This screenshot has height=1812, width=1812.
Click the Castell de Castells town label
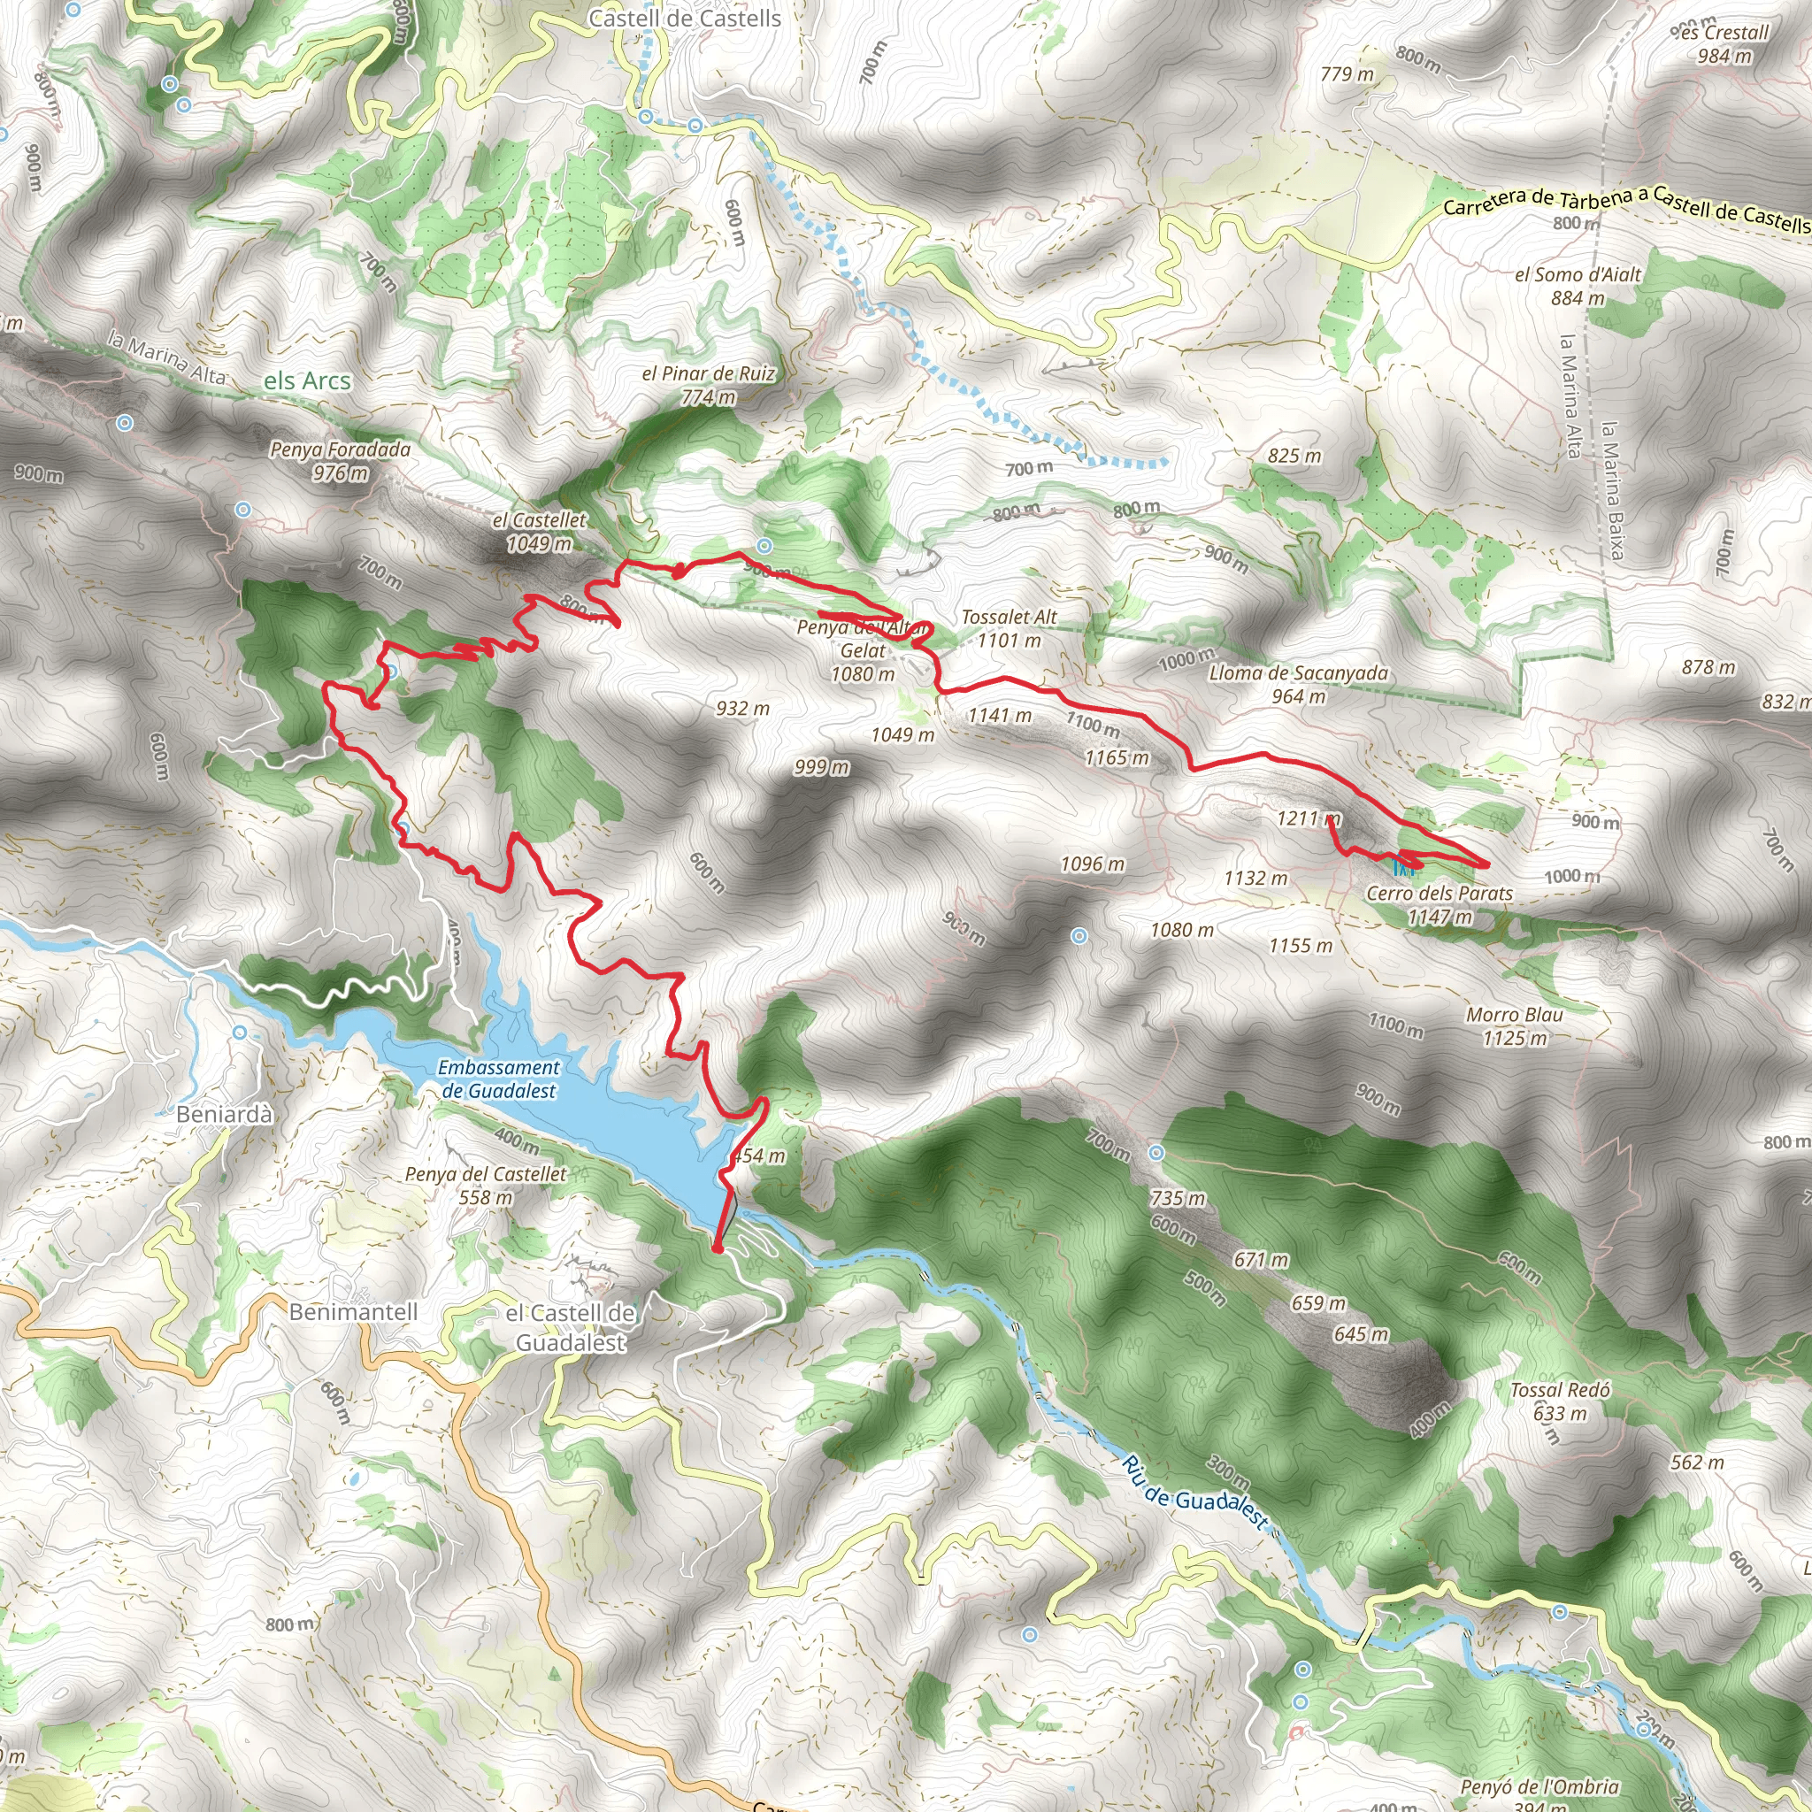[x=685, y=18]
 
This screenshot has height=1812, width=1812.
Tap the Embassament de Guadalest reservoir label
[x=498, y=1079]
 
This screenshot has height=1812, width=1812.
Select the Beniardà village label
[x=225, y=1114]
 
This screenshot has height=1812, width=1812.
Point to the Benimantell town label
[x=353, y=1311]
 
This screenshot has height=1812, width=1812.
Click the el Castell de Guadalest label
[x=571, y=1327]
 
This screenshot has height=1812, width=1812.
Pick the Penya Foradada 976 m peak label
[x=341, y=460]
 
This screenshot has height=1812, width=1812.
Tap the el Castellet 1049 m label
[x=540, y=531]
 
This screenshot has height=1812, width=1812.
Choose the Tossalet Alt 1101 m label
[x=1010, y=628]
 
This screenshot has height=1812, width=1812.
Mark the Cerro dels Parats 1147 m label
[x=1440, y=904]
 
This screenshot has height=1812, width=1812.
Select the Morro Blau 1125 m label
[x=1515, y=1026]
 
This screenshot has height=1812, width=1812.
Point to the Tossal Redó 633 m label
[x=1560, y=1401]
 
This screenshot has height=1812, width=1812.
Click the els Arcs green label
[x=307, y=380]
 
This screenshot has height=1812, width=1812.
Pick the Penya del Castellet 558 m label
[x=486, y=1186]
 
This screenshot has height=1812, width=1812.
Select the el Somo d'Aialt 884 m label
[x=1578, y=286]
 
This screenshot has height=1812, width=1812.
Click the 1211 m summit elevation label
[x=1309, y=818]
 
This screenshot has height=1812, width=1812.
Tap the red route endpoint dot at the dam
[x=718, y=1248]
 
